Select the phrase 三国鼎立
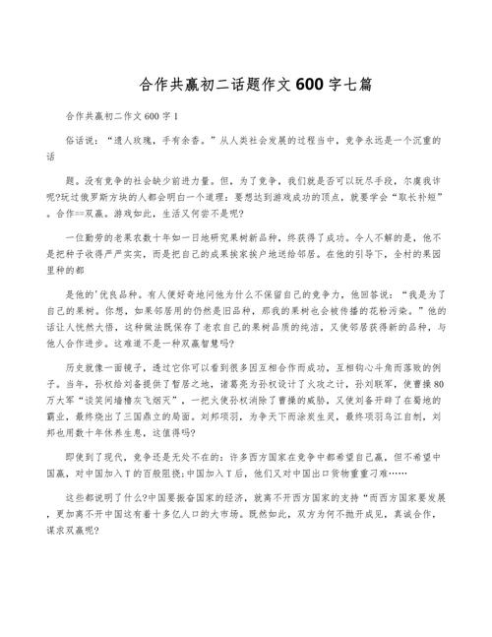click(x=181, y=420)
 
